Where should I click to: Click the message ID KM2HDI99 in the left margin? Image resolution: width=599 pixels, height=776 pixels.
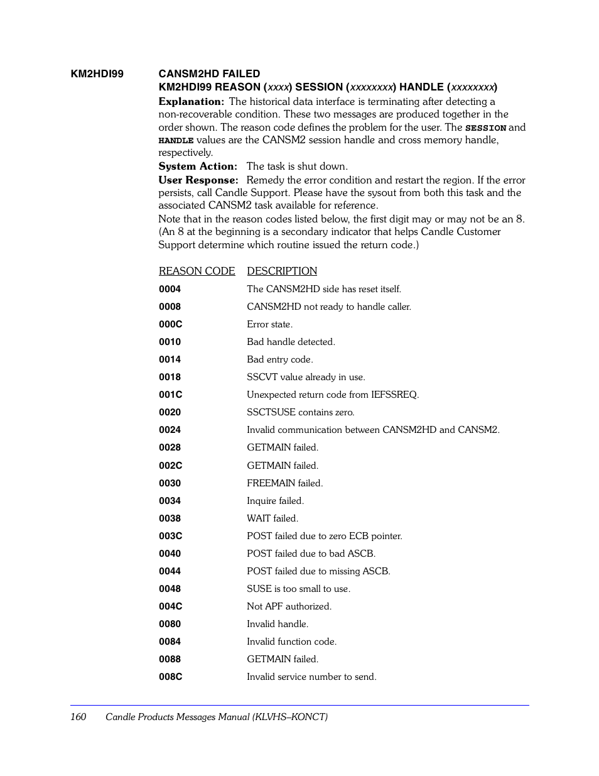97,74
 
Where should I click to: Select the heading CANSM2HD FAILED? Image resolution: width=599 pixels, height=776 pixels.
209,74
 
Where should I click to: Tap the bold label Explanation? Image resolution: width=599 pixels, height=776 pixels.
191,102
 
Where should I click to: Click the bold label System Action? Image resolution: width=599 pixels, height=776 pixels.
198,167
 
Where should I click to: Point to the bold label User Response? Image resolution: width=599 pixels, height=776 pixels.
198,180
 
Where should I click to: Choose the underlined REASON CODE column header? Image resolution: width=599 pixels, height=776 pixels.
197,271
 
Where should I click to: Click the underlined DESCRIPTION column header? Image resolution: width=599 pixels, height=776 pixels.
282,271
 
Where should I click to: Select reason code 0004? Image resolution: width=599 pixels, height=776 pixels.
170,289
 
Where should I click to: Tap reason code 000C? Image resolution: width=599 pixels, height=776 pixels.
170,324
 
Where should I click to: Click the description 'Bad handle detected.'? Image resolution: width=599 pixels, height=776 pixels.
291,342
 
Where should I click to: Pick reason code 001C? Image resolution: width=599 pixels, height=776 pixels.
170,395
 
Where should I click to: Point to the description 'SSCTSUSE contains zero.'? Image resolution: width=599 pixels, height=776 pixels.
300,412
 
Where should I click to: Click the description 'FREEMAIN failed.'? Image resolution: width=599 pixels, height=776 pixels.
284,483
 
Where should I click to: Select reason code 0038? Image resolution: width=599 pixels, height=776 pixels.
170,518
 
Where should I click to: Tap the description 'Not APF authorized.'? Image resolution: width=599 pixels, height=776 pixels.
289,606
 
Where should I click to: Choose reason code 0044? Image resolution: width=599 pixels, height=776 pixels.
170,571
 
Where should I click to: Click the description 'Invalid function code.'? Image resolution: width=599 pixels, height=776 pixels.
291,642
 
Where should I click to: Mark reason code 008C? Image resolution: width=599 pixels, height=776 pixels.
170,677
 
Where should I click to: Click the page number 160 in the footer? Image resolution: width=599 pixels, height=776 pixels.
78,717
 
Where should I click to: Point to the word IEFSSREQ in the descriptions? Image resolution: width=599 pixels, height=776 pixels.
394,395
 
